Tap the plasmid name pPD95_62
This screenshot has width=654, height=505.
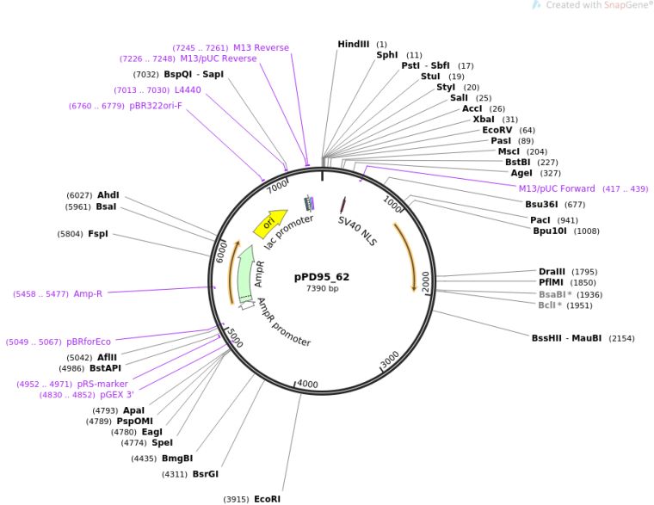322,277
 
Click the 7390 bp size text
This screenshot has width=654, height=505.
322,288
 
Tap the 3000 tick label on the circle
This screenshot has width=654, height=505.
390,360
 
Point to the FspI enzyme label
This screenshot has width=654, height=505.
97,234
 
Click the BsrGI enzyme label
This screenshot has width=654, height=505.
205,474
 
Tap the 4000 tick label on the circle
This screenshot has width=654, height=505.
306,384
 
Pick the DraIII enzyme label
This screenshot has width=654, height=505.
552,272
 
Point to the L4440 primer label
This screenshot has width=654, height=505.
188,89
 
